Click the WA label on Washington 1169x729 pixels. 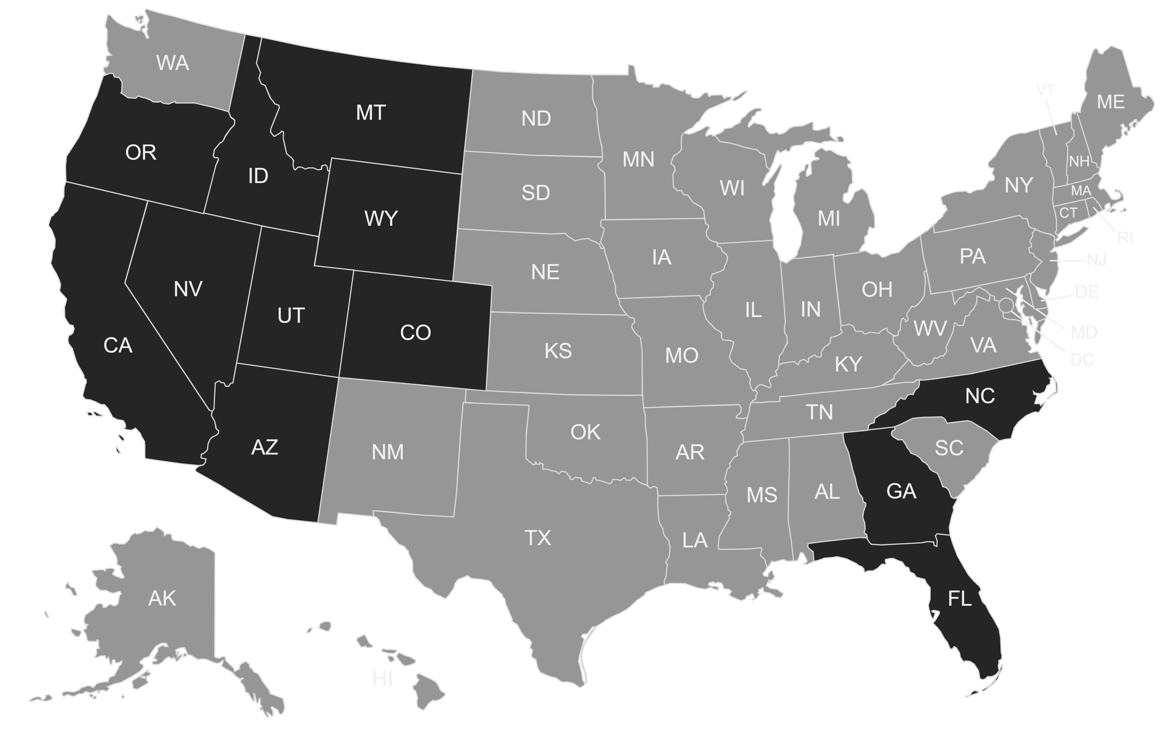pos(173,63)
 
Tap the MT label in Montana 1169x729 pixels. pos(371,113)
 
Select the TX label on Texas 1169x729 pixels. pos(537,538)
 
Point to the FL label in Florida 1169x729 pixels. pos(960,599)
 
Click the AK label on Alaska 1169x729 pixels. pos(162,599)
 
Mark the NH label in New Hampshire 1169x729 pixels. pos(1079,161)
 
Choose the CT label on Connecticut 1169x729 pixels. pos(1068,213)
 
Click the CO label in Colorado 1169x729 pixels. pos(415,332)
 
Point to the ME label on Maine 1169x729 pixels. pos(1111,102)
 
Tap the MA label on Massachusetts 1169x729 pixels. pos(1081,191)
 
